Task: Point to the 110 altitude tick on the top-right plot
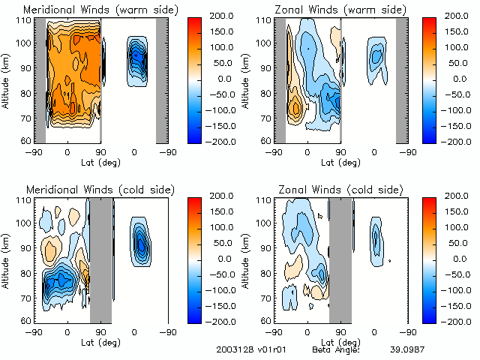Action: pos(264,19)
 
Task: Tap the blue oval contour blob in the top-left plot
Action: pos(136,58)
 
